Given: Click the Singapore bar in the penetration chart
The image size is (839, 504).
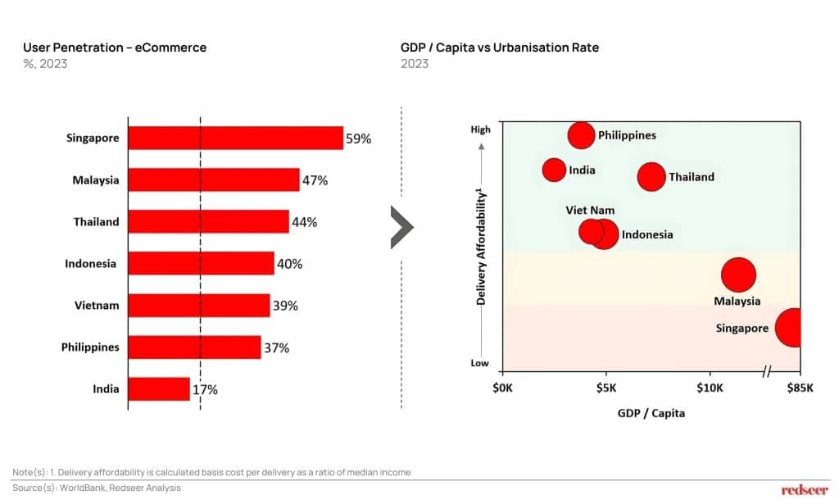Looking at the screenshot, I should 236,138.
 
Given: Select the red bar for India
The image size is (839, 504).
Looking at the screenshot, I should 159,389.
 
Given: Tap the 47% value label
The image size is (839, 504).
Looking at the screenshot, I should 315,180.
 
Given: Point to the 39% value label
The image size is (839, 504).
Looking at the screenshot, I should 286,306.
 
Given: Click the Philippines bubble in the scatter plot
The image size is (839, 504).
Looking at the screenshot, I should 581,135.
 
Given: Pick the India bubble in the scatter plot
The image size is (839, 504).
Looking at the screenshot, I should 555,170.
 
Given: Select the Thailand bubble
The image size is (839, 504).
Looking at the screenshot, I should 651,176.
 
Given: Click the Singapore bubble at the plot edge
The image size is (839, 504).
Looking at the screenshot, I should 790,328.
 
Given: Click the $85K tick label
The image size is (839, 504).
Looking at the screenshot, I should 800,387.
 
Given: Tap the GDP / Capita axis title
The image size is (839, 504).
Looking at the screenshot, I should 651,413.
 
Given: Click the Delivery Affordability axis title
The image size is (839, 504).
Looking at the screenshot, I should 482,246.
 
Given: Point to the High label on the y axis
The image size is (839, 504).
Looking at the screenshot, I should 480,129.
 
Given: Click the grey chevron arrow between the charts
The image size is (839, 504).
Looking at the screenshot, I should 401,226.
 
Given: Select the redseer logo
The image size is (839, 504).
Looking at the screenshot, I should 805,490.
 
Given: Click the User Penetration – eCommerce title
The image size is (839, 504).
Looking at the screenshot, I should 115,48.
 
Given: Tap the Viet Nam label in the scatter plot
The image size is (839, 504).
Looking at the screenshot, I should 590,211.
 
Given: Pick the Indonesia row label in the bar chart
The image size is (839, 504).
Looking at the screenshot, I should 90,264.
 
